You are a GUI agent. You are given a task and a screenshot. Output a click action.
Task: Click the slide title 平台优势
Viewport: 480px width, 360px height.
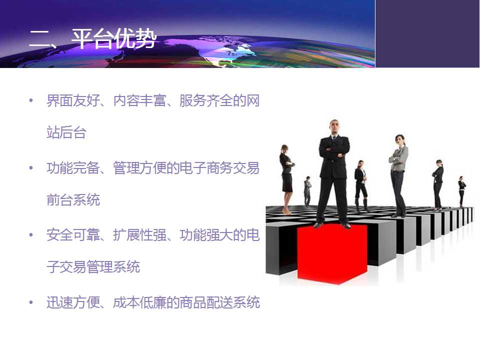click(x=114, y=39)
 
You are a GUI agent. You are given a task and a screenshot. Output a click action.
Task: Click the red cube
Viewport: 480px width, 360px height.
click(x=332, y=253)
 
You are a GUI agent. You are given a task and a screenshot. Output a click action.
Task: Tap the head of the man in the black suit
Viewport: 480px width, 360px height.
click(x=334, y=126)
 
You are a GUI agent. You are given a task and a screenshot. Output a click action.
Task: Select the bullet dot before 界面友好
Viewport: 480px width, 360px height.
click(x=31, y=100)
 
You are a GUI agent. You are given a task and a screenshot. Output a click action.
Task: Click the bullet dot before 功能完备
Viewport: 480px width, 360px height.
click(x=31, y=168)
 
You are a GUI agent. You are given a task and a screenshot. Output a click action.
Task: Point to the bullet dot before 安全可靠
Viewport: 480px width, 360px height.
click(x=31, y=235)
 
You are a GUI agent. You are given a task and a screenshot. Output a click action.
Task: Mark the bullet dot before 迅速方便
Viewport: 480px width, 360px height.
click(x=31, y=302)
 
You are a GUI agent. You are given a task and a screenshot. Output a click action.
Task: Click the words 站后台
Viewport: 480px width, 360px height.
click(x=66, y=132)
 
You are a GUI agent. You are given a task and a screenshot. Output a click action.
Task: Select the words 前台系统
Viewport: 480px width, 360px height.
click(x=73, y=199)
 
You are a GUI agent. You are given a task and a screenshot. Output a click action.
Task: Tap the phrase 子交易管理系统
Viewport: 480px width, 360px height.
click(x=93, y=266)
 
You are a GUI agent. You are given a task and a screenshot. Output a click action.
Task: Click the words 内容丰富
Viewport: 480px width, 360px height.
click(x=139, y=100)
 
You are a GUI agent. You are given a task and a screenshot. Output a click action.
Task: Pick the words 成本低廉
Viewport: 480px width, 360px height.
click(x=139, y=302)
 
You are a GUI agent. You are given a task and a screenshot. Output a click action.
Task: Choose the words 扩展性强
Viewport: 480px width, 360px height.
click(x=139, y=235)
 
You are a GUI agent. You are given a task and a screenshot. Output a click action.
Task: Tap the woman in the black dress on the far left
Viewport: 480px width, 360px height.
click(x=286, y=179)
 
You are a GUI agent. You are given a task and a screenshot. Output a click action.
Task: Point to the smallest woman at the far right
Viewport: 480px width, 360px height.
click(x=461, y=192)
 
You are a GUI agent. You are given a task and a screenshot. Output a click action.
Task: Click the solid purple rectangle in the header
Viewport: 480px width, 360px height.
click(x=427, y=33)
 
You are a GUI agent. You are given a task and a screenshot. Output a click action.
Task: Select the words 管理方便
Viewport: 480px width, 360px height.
click(x=139, y=168)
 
